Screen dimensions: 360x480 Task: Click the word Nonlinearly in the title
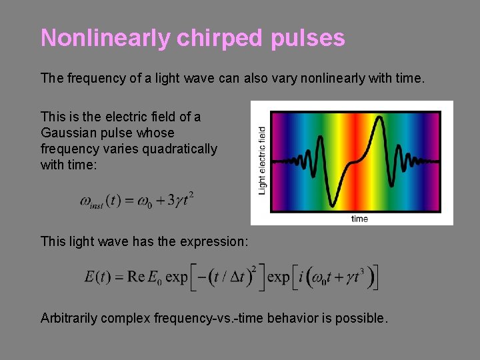[106, 38]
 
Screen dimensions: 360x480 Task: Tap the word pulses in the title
[308, 38]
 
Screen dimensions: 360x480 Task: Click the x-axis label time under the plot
[359, 219]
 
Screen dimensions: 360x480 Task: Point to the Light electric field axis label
[262, 161]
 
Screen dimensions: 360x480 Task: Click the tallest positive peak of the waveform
[379, 119]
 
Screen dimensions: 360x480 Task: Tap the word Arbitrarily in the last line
[69, 318]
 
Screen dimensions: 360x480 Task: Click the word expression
[215, 241]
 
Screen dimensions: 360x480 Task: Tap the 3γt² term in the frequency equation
[179, 201]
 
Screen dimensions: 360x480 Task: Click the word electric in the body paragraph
[126, 117]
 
